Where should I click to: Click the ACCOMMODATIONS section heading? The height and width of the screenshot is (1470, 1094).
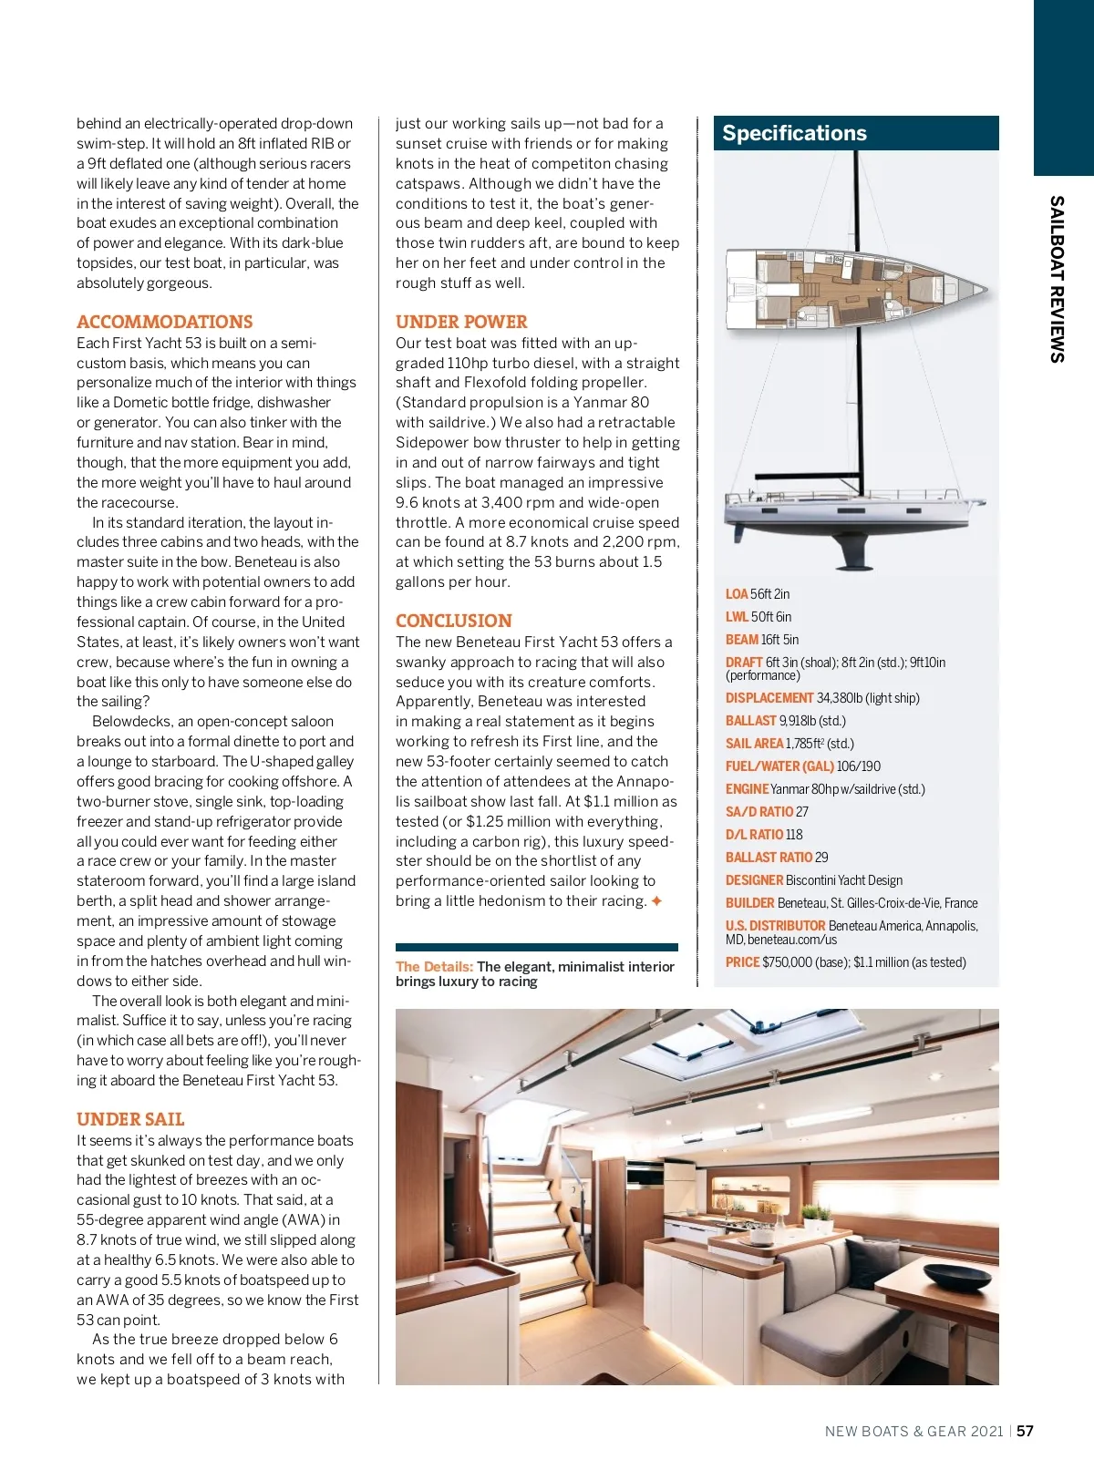pyautogui.click(x=164, y=322)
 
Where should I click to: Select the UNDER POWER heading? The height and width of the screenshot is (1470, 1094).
pyautogui.click(x=461, y=322)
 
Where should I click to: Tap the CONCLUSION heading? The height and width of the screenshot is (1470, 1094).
pyautogui.click(x=453, y=621)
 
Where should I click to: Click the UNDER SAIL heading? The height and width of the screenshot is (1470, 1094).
pyautogui.click(x=130, y=1119)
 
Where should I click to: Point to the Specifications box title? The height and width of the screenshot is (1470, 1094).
pyautogui.click(x=794, y=133)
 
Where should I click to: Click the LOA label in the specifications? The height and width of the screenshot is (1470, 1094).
pyautogui.click(x=737, y=594)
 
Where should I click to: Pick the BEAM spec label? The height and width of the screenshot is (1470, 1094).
pyautogui.click(x=742, y=640)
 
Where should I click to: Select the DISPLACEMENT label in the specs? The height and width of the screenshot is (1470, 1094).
pyautogui.click(x=769, y=698)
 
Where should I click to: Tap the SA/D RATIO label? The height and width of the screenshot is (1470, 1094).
pyautogui.click(x=759, y=812)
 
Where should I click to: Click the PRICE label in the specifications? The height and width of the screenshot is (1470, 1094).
pyautogui.click(x=742, y=962)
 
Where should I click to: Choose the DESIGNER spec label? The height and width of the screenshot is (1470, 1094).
pyautogui.click(x=754, y=880)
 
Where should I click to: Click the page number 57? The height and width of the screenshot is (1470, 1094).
pyautogui.click(x=1026, y=1431)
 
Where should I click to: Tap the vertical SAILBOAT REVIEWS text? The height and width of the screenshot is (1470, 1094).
pyautogui.click(x=1057, y=279)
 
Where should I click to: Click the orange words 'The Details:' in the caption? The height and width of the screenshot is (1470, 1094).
pyautogui.click(x=434, y=967)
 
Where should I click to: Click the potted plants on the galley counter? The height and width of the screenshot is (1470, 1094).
pyautogui.click(x=817, y=1215)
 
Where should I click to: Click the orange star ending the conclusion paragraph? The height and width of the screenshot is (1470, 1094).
pyautogui.click(x=656, y=901)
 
